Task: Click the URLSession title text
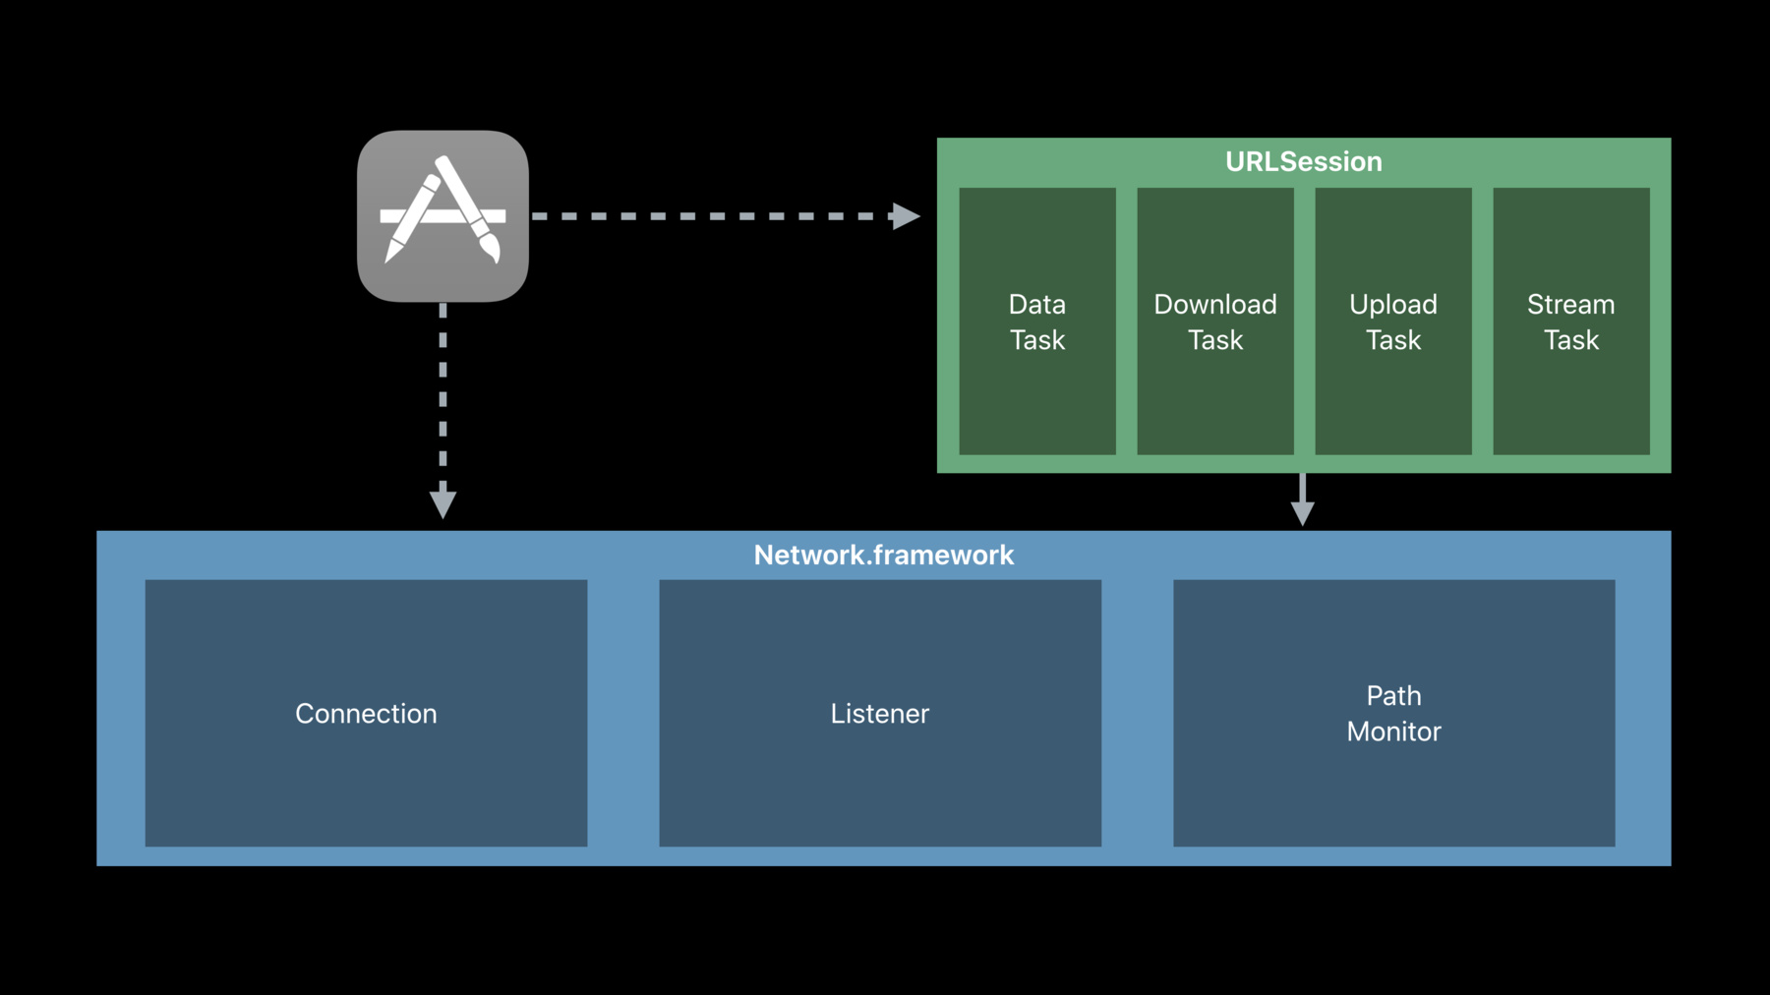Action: (1303, 161)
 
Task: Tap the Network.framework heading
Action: (883, 556)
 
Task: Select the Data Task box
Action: (1037, 322)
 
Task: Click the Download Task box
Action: (1215, 322)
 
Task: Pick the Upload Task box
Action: (1393, 322)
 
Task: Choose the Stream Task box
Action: (1571, 322)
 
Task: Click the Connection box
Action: (366, 713)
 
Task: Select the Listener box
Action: (880, 713)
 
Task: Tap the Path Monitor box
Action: (1394, 713)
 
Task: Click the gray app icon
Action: (442, 216)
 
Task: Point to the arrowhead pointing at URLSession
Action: (906, 216)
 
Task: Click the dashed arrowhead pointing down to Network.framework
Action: (442, 501)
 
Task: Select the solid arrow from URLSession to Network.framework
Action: (1303, 499)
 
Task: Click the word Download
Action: (1215, 305)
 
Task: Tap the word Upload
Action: (1393, 305)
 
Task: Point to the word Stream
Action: (1571, 305)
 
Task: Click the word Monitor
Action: (1394, 732)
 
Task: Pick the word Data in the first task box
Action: (1037, 305)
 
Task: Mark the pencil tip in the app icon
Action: (389, 258)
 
